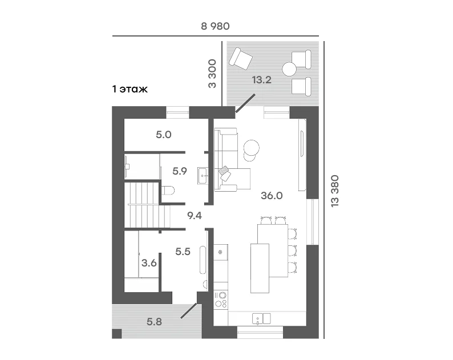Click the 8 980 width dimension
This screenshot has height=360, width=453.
215,26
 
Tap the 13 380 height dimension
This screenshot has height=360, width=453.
334,191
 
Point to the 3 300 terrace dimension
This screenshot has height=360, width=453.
212,74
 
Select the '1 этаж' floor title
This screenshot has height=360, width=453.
130,89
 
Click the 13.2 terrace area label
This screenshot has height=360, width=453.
262,80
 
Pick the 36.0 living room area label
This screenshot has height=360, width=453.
272,196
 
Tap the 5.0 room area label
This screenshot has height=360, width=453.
164,135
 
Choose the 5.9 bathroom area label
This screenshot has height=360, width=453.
180,171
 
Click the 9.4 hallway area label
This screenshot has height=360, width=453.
195,216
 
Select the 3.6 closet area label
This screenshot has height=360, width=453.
149,263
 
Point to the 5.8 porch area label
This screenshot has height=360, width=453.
154,322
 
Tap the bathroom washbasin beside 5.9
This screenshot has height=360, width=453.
203,175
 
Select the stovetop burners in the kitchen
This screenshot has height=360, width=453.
221,300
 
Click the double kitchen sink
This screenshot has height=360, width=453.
261,319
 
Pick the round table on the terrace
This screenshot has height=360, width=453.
289,70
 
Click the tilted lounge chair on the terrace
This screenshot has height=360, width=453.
241,59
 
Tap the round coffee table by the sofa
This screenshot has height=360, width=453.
252,148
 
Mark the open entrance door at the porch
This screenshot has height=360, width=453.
189,310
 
